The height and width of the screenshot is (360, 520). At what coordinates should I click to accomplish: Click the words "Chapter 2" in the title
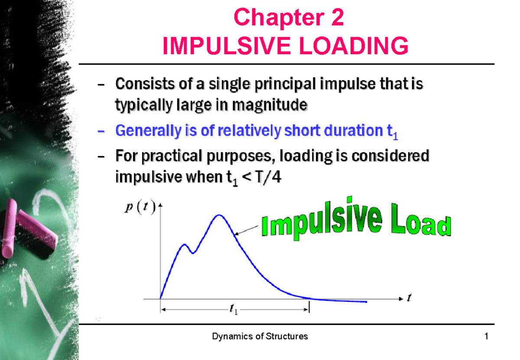pos(289,18)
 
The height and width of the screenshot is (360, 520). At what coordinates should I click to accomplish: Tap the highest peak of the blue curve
pos(219,215)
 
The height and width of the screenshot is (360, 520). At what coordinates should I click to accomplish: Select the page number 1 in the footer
pos(487,337)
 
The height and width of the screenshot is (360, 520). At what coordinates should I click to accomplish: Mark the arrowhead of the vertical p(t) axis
pos(161,205)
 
